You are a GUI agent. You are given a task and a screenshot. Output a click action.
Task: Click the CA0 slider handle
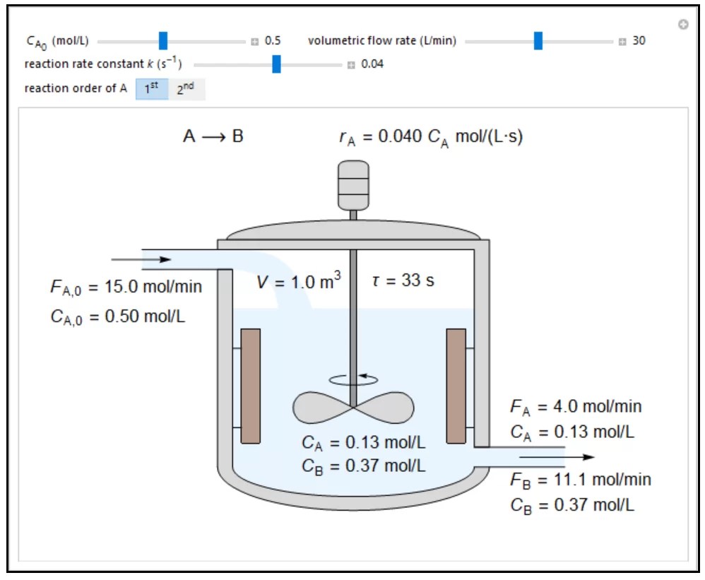[163, 40]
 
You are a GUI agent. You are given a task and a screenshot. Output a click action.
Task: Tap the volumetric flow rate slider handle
[538, 40]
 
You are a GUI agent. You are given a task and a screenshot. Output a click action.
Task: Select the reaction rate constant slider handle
[276, 64]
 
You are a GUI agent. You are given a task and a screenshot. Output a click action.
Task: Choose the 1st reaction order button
[151, 89]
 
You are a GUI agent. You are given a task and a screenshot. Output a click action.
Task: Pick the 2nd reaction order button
[186, 89]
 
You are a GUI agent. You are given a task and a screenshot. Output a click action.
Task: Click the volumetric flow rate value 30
[639, 41]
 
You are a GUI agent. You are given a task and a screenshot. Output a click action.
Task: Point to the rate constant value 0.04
[372, 65]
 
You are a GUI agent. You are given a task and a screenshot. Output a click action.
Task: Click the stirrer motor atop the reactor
[353, 185]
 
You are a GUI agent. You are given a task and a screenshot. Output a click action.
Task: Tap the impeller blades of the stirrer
[353, 408]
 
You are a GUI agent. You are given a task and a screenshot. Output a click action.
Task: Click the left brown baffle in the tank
[250, 386]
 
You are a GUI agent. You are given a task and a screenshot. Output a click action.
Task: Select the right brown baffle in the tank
[456, 386]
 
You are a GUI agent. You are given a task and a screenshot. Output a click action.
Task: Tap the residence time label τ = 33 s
[403, 280]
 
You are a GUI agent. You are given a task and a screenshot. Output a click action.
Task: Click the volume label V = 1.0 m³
[298, 282]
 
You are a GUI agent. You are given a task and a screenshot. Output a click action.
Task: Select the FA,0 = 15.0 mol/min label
[126, 287]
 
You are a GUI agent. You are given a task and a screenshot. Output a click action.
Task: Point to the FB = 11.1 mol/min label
[580, 480]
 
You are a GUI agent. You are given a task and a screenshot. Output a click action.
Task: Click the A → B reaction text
[213, 136]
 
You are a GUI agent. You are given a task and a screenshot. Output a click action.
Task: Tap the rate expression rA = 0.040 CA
[430, 137]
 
